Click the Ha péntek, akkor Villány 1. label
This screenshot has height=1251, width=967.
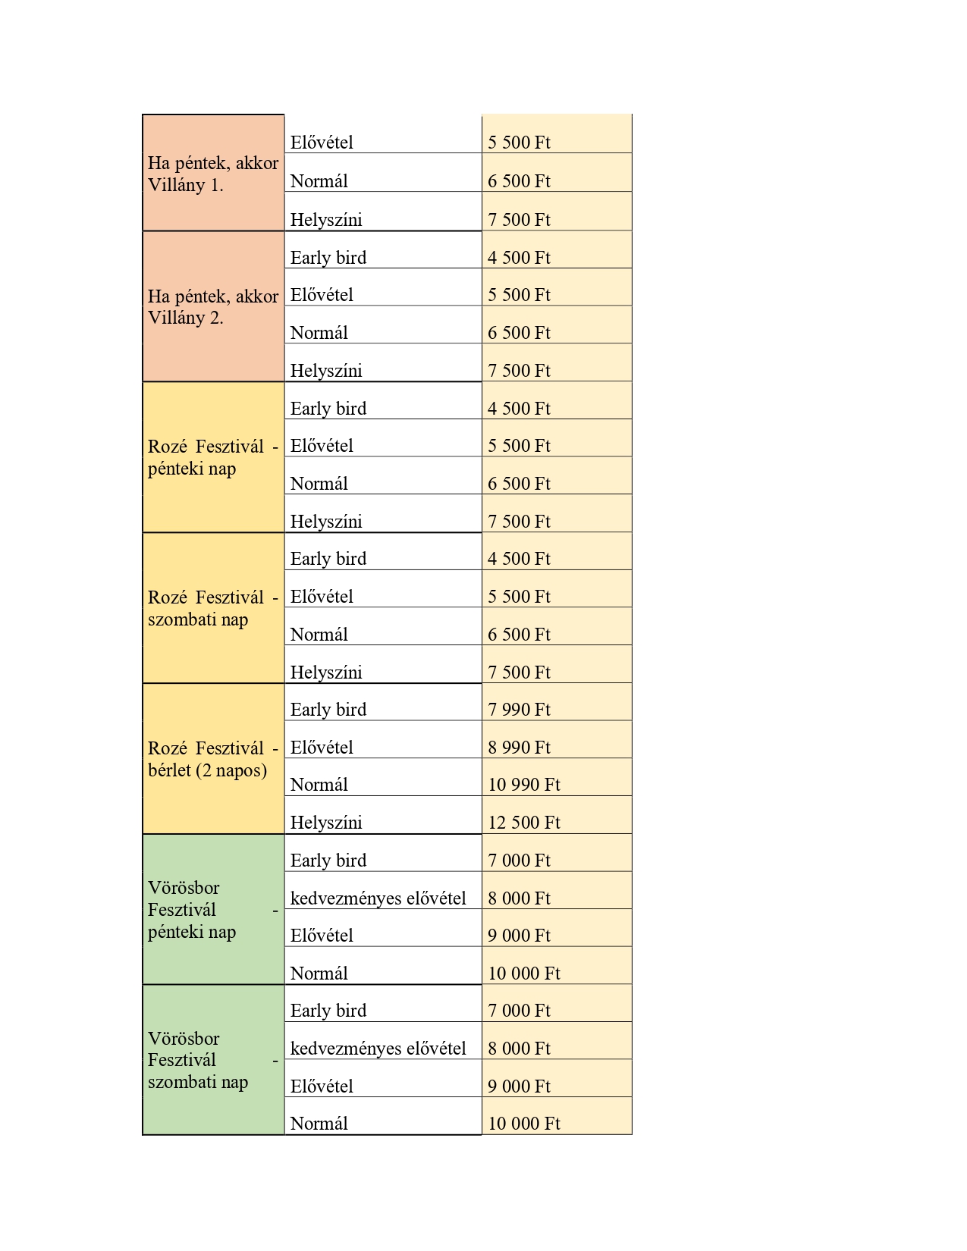click(212, 174)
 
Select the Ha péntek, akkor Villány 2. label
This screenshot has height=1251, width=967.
click(212, 307)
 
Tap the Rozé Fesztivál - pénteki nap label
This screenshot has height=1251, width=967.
click(212, 457)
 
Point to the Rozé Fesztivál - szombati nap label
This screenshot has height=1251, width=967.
click(212, 608)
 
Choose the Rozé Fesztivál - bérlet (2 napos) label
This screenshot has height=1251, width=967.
click(212, 759)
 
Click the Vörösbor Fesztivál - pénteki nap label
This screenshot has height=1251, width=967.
click(212, 909)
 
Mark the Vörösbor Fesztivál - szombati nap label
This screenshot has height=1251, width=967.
click(212, 1060)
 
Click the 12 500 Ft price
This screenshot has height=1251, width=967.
click(523, 823)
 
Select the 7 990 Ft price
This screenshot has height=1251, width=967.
click(519, 710)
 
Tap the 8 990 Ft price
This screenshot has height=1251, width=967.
click(519, 748)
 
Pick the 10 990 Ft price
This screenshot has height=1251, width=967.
click(523, 785)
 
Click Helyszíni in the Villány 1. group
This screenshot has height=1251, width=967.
click(326, 220)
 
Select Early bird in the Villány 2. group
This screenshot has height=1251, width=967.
click(328, 258)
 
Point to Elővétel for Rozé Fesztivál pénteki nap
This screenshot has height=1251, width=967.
click(322, 446)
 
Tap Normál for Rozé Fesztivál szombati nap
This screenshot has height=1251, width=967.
click(319, 635)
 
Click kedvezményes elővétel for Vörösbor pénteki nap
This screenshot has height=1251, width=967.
click(378, 898)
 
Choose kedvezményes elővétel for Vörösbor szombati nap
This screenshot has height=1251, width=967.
click(378, 1049)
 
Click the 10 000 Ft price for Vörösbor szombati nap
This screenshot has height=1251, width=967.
click(523, 1124)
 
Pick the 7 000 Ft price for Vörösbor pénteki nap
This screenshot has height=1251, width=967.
click(519, 861)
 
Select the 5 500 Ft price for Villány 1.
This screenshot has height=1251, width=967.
click(519, 143)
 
